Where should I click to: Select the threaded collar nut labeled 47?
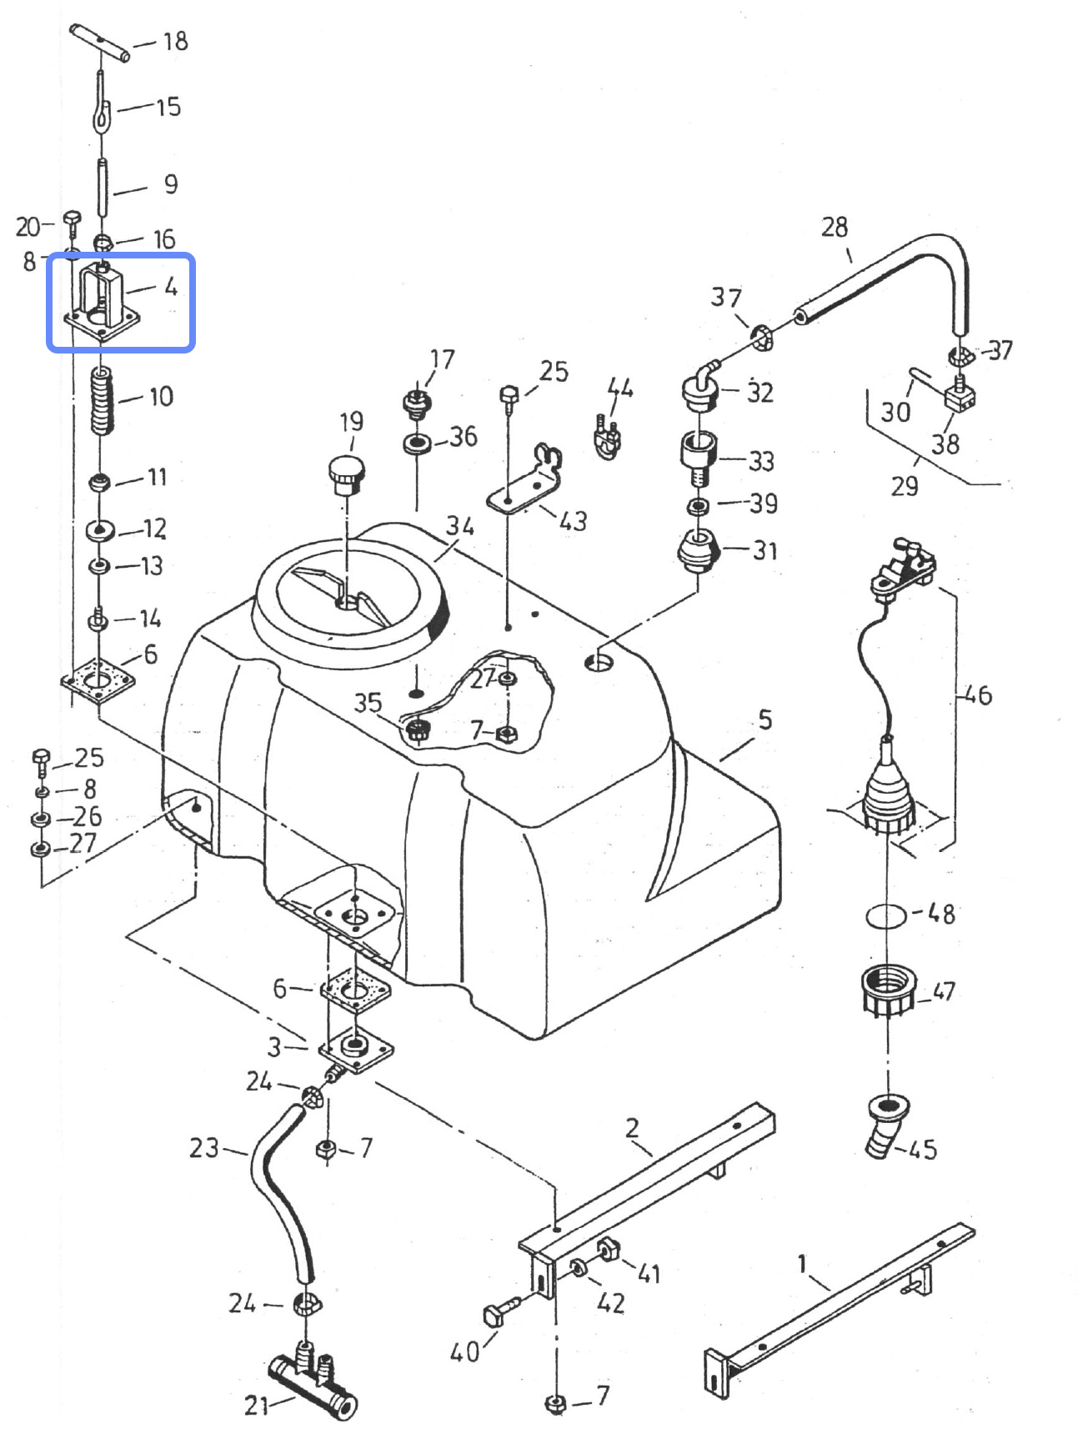(x=886, y=990)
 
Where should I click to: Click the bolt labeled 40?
(x=499, y=1312)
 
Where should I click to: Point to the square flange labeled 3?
(x=356, y=1051)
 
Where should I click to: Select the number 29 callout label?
(x=904, y=485)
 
